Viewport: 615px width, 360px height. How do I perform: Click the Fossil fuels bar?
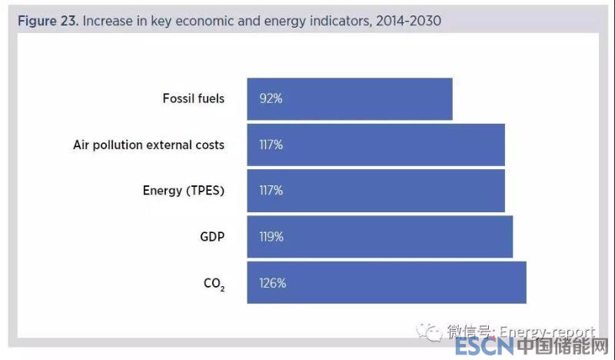tap(350, 98)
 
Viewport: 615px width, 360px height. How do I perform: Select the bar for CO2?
tap(387, 282)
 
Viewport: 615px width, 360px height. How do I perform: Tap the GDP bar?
tap(380, 237)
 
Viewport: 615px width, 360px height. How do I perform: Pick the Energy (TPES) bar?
tap(376, 191)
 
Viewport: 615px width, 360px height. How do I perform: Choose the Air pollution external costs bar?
tap(376, 145)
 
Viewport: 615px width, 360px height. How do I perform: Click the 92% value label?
tap(270, 98)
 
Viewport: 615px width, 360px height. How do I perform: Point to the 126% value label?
tap(272, 283)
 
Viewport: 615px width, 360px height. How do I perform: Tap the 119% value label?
tap(271, 237)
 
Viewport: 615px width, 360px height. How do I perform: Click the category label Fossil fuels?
tap(194, 98)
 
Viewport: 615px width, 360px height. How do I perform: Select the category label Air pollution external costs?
tap(149, 145)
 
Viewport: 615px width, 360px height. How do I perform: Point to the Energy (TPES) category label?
tap(184, 191)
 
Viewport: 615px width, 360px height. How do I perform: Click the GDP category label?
tap(212, 237)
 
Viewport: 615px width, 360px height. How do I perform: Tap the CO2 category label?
tap(214, 284)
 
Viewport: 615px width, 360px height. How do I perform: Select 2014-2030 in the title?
tap(408, 21)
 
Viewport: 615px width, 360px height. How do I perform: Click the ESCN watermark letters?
tap(481, 348)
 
